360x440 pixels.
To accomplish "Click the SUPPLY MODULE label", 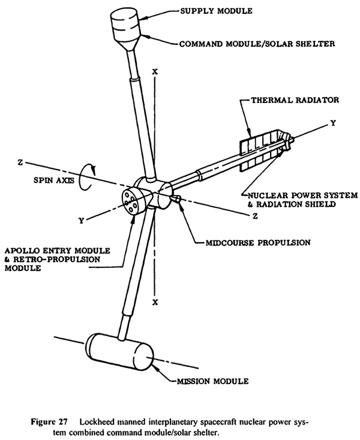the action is pyautogui.click(x=216, y=11).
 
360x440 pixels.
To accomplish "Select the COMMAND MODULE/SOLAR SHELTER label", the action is pyautogui.click(x=257, y=44).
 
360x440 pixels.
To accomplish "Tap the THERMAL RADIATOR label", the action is pyautogui.click(x=295, y=100).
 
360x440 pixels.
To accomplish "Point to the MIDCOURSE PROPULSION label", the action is pyautogui.click(x=258, y=242).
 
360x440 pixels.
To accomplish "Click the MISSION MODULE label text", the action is pyautogui.click(x=212, y=381).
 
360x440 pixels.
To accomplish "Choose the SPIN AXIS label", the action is pyautogui.click(x=54, y=180).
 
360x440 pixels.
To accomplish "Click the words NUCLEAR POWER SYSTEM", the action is pyautogui.click(x=302, y=195).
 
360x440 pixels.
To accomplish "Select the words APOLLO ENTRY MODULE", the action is pyautogui.click(x=58, y=251).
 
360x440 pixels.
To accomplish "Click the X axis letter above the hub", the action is pyautogui.click(x=155, y=71).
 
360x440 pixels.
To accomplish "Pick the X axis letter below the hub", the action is pyautogui.click(x=155, y=302).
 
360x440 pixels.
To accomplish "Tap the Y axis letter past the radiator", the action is pyautogui.click(x=333, y=123).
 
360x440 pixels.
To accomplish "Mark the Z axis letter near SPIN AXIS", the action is pyautogui.click(x=20, y=162).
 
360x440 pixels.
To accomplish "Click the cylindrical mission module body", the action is pyautogui.click(x=120, y=351).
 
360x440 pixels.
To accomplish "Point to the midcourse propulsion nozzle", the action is pyautogui.click(x=176, y=199).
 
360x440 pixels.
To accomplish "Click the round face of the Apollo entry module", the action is pyautogui.click(x=130, y=202).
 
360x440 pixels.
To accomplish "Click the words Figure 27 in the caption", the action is pyautogui.click(x=49, y=422).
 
